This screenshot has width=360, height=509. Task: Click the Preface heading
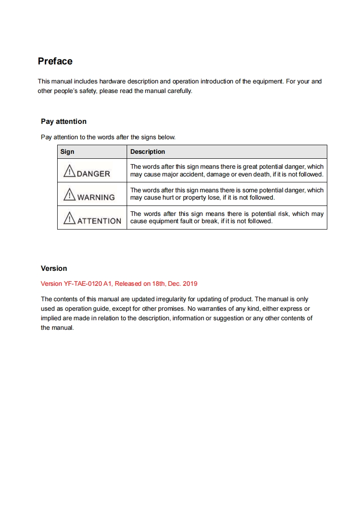pyautogui.click(x=55, y=61)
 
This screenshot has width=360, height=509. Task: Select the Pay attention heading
pyautogui.click(x=64, y=122)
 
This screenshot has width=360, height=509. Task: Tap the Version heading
pyautogui.click(x=54, y=269)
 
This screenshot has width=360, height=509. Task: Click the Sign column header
pyautogui.click(x=67, y=152)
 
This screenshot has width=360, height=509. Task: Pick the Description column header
pyautogui.click(x=148, y=152)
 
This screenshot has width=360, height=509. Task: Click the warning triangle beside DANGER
pyautogui.click(x=69, y=171)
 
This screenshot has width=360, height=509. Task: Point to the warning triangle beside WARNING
pyautogui.click(x=69, y=195)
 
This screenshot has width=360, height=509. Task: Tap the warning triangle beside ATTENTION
pyautogui.click(x=69, y=218)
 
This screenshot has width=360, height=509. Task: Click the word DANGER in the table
pyautogui.click(x=94, y=174)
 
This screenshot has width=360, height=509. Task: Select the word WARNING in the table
pyautogui.click(x=96, y=197)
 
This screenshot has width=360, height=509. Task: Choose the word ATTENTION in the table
pyautogui.click(x=99, y=221)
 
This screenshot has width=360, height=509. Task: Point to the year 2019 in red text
pyautogui.click(x=190, y=284)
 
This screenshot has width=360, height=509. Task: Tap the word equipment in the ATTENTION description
pyautogui.click(x=164, y=221)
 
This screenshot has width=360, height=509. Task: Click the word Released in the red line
pyautogui.click(x=128, y=284)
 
